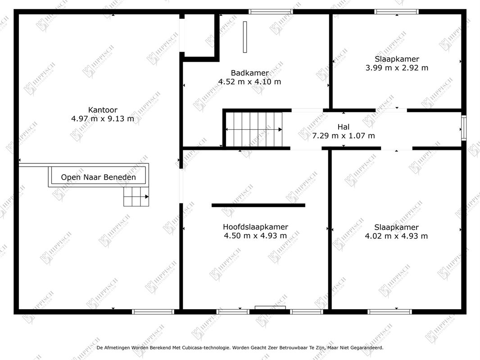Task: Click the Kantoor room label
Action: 103,110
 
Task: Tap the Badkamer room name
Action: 249,73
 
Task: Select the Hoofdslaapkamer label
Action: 255,227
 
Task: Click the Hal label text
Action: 344,127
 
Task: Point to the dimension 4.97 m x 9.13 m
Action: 103,119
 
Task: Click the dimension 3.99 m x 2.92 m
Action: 397,68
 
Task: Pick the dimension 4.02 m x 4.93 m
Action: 396,236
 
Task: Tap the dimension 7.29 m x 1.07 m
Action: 344,135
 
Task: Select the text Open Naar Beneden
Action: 98,177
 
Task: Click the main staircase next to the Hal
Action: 254,130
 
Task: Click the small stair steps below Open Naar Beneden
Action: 136,197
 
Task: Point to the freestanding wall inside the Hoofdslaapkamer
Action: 258,205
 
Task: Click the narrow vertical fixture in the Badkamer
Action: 245,37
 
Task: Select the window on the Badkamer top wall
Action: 271,12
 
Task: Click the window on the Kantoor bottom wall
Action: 153,311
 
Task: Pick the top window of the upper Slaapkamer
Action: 397,12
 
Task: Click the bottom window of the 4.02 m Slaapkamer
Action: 389,311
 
